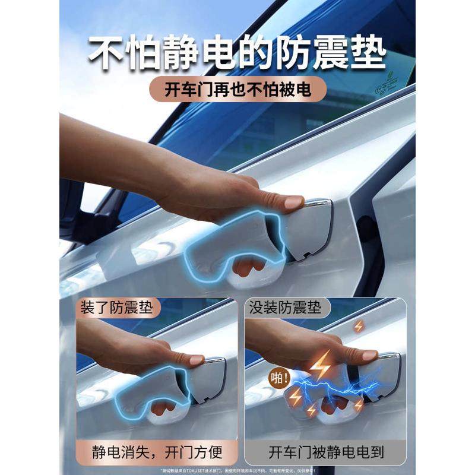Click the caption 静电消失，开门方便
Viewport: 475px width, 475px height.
click(157, 453)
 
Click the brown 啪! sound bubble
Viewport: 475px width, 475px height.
click(280, 378)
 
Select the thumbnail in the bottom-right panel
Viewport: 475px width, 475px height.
click(369, 355)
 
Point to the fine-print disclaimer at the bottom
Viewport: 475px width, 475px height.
click(237, 469)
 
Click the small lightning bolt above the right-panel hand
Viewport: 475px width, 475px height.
click(359, 326)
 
